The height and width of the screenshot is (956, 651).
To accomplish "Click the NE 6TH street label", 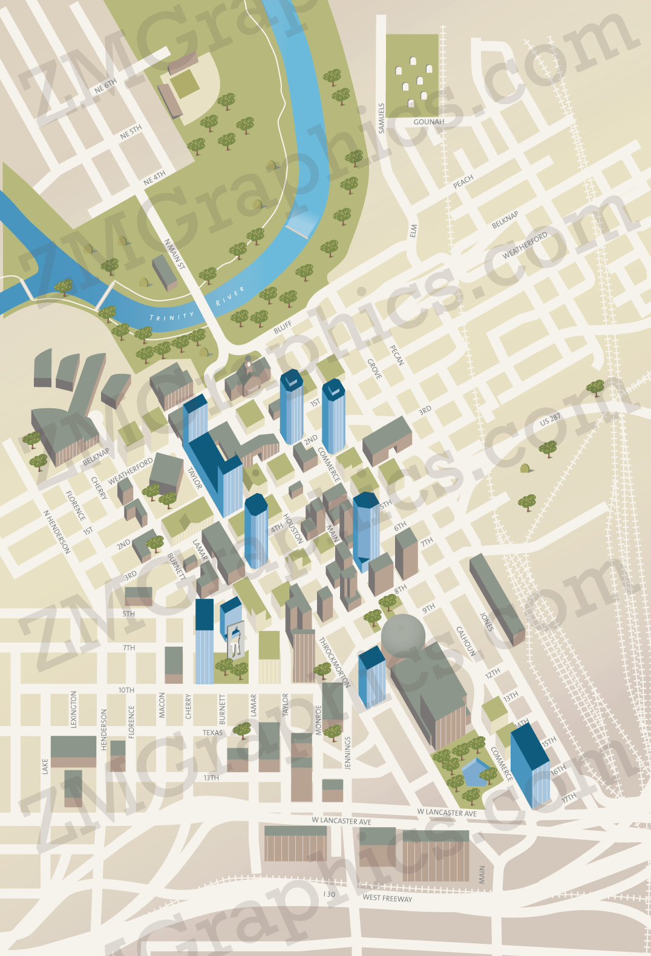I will tap(105, 86).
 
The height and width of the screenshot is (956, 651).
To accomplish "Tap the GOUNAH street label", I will tap(428, 122).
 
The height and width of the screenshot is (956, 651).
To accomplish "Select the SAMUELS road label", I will tap(381, 118).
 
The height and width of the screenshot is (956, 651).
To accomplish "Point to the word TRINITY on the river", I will tap(172, 316).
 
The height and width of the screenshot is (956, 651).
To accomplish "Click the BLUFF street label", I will tap(283, 327).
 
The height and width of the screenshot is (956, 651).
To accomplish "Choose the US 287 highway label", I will tap(550, 419).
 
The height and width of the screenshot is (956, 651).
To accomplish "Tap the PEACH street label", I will tap(463, 182).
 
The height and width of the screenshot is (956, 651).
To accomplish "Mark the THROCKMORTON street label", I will tap(335, 662).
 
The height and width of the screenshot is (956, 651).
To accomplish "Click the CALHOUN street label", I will tap(466, 641).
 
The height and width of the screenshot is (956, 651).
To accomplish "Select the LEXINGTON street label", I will tap(74, 709).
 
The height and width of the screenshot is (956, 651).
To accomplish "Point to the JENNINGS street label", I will tap(347, 753).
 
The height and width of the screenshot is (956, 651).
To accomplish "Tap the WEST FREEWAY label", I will tap(387, 898).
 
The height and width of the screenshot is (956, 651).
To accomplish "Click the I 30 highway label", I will tap(329, 894).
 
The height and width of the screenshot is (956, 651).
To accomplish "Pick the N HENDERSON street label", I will tap(57, 531).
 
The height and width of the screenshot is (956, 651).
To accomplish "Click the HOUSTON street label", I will tap(293, 528).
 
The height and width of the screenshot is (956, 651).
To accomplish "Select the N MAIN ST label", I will tap(175, 254).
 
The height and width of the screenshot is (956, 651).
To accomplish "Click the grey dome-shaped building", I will tap(403, 635).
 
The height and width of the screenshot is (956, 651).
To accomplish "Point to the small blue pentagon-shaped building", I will tap(476, 771).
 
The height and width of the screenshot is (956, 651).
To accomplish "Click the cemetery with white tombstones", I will tap(412, 76).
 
